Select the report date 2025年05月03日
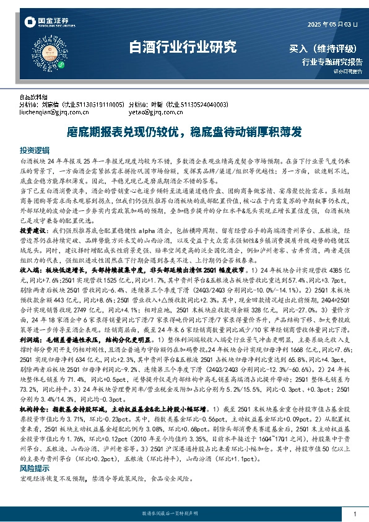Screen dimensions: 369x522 [x=332, y=24]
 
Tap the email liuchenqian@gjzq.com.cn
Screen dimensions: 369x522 [x=45, y=112]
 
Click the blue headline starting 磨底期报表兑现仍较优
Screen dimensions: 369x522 [x=184, y=132]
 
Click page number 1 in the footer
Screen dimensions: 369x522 [x=354, y=515]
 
